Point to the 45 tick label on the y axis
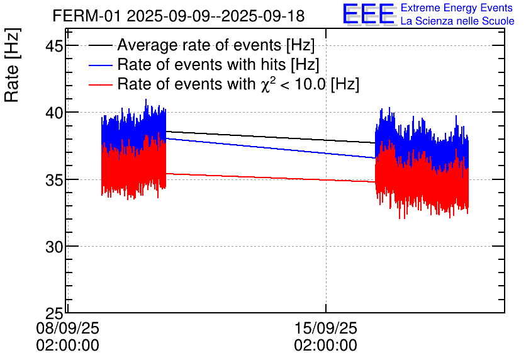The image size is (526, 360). pyautogui.click(x=54, y=46)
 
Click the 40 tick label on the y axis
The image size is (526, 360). pyautogui.click(x=54, y=113)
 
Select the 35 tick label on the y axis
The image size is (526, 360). pyautogui.click(x=54, y=179)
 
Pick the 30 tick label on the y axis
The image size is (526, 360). pyautogui.click(x=54, y=246)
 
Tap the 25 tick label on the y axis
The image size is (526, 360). pyautogui.click(x=54, y=313)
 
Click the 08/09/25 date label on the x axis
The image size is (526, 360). pyautogui.click(x=67, y=328)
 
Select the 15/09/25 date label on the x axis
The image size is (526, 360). pyautogui.click(x=325, y=328)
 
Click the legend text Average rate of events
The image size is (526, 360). pyautogui.click(x=216, y=45)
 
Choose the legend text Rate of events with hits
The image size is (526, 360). pyautogui.click(x=218, y=65)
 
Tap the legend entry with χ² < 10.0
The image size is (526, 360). pyautogui.click(x=238, y=84)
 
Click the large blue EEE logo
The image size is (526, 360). pyautogui.click(x=369, y=14)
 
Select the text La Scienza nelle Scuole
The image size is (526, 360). pyautogui.click(x=457, y=21)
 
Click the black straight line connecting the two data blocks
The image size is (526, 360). pyautogui.click(x=271, y=137)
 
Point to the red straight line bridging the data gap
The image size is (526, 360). pyautogui.click(x=271, y=177)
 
